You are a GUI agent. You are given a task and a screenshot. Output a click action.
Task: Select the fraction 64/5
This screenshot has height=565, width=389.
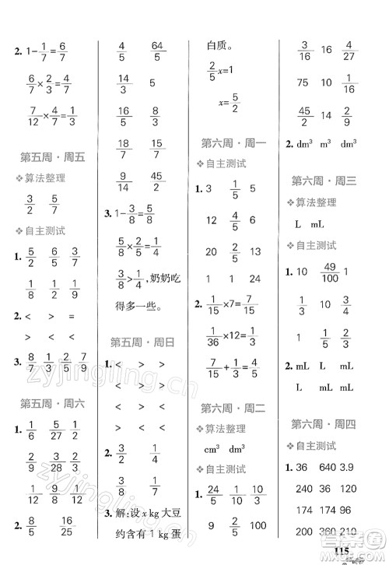point(158,50)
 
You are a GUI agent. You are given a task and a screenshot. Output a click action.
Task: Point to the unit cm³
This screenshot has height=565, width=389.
point(211,449)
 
